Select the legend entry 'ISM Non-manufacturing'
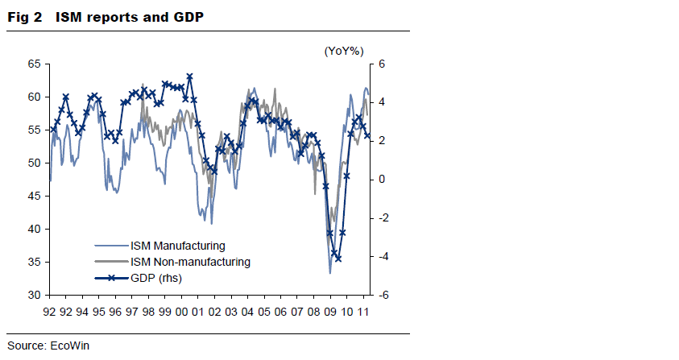click(x=189, y=262)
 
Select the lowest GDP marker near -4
click(x=338, y=259)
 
